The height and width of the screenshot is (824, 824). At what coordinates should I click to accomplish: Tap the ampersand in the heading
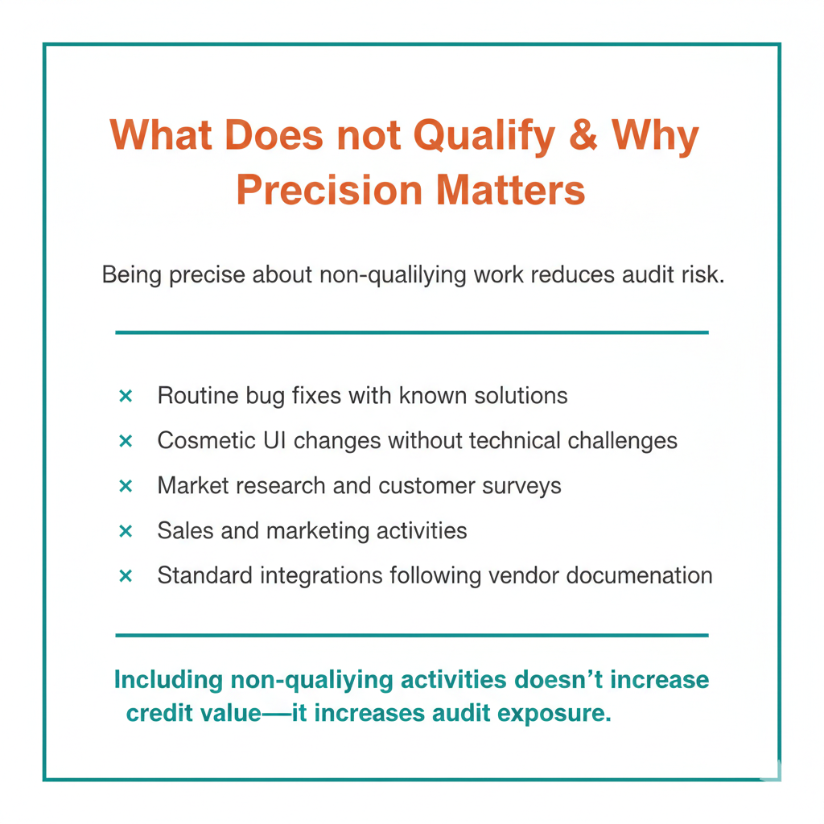[x=586, y=135]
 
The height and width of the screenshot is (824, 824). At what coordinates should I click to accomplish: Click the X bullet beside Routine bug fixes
[x=126, y=396]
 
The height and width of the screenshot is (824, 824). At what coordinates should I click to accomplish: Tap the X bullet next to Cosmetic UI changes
[x=126, y=441]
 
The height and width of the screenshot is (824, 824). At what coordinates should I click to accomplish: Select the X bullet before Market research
[x=126, y=486]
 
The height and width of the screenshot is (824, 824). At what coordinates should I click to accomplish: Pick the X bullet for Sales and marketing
[x=126, y=531]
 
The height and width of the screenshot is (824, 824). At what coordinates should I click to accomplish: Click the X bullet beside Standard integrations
[x=126, y=576]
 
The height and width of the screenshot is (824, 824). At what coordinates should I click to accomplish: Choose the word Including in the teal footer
[x=168, y=681]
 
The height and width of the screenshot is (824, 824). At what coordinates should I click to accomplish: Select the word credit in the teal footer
[x=159, y=714]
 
